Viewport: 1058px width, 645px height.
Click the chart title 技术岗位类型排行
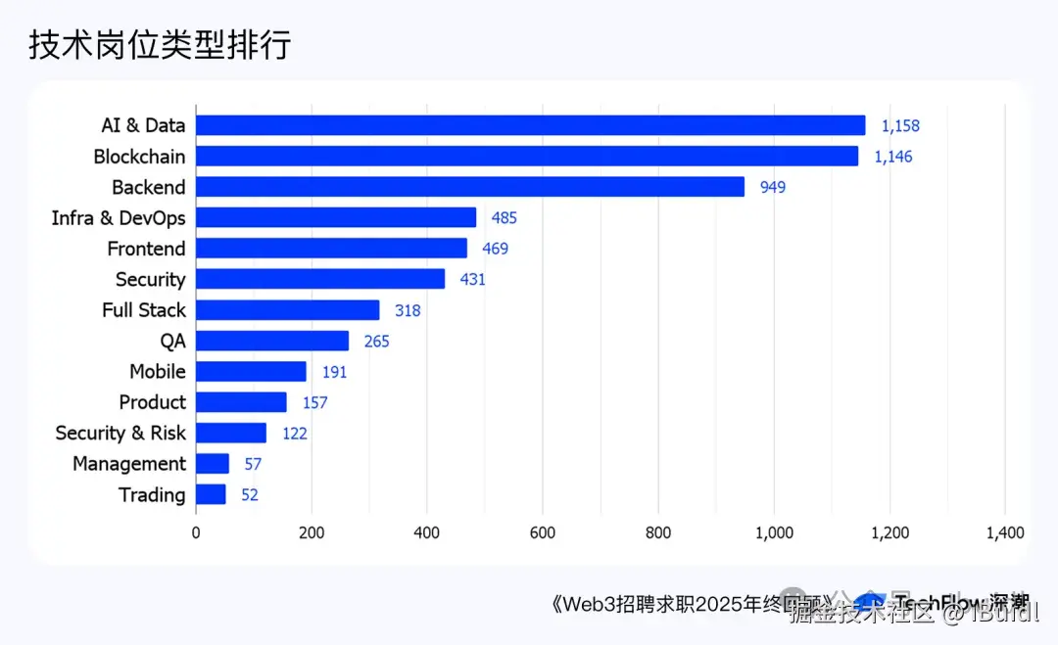point(160,45)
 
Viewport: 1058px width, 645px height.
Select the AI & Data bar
point(530,125)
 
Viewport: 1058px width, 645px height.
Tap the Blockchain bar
point(527,156)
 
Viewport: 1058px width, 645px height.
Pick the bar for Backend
point(470,187)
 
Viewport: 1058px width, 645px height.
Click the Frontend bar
point(331,249)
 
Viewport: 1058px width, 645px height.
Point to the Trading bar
point(211,494)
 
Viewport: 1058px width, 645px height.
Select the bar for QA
point(272,341)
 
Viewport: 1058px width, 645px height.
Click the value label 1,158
point(900,126)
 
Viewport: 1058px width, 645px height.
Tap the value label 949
point(773,187)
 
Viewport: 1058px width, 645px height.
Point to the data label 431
point(473,280)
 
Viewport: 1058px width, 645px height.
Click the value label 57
point(253,464)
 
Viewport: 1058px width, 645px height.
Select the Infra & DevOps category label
point(119,217)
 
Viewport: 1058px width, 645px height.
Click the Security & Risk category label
point(120,433)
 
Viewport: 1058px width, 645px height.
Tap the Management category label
point(129,464)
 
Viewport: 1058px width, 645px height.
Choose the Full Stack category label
point(144,310)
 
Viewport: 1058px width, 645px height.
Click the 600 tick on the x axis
point(542,533)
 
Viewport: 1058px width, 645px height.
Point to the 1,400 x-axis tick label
point(1005,533)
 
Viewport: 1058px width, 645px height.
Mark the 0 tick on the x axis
point(196,533)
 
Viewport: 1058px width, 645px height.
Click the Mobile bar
point(251,372)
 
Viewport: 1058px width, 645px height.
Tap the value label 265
point(376,342)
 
